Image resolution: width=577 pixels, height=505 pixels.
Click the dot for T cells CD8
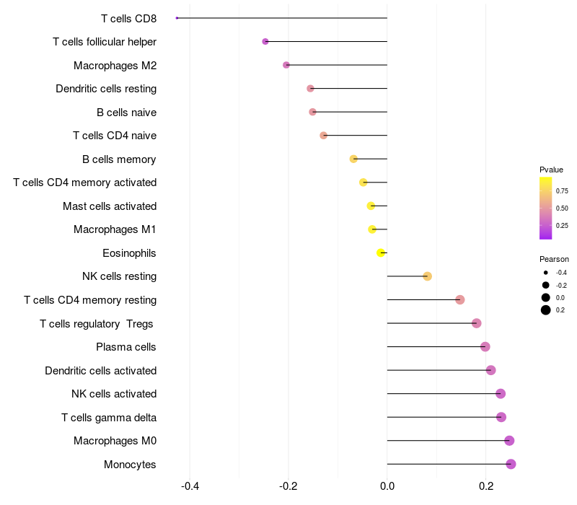point(177,18)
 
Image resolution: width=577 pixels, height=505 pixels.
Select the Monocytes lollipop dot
point(511,464)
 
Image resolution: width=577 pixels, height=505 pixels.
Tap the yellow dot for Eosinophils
point(381,253)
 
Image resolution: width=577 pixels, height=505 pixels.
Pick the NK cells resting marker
point(427,276)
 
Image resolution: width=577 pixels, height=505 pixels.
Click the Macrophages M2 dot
point(286,65)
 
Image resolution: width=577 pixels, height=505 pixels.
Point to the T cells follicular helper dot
point(265,42)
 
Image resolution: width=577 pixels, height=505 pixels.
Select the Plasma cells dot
point(485,347)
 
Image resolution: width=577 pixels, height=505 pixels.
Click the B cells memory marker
point(353,159)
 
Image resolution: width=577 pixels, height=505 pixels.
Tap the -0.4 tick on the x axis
point(190,486)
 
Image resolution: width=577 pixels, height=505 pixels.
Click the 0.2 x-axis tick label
point(486,486)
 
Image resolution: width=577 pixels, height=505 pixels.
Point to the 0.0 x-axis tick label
point(387,486)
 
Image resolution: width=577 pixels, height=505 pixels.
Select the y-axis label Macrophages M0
point(115,441)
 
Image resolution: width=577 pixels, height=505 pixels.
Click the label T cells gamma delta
point(109,418)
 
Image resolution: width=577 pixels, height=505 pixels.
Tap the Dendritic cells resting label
point(106,89)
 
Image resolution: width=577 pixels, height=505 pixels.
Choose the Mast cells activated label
point(110,206)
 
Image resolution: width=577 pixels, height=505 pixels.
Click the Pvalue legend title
point(551,170)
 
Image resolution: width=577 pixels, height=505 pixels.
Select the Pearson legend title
point(554,259)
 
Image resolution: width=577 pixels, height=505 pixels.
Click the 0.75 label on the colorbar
point(562,191)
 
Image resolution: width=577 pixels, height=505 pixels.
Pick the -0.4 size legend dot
point(546,273)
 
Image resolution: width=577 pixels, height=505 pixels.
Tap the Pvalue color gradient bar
point(546,208)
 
